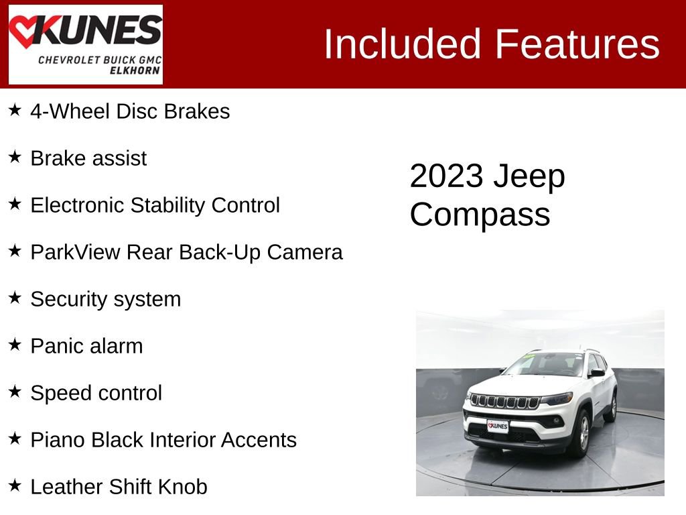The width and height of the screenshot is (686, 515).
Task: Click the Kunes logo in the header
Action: pyautogui.click(x=85, y=44)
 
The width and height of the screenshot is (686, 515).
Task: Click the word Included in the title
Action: pyautogui.click(x=403, y=44)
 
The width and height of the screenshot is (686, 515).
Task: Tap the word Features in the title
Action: pyautogui.click(x=577, y=44)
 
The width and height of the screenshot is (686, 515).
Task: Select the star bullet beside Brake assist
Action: pyautogui.click(x=15, y=158)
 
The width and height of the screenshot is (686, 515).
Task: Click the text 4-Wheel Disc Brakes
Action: pyautogui.click(x=130, y=111)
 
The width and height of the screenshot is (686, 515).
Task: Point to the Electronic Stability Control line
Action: pyautogui.click(x=155, y=205)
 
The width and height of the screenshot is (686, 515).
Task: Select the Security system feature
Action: pyautogui.click(x=105, y=299)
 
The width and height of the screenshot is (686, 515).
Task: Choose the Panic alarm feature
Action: pyautogui.click(x=86, y=346)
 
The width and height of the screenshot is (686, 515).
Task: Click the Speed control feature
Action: pyautogui.click(x=96, y=393)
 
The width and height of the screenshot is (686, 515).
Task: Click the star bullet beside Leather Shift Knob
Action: pyautogui.click(x=15, y=485)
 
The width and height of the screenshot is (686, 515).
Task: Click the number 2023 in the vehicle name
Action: pyautogui.click(x=446, y=176)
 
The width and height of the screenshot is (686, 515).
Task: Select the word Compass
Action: pyautogui.click(x=480, y=215)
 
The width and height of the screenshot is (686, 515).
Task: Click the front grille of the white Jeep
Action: pyautogui.click(x=505, y=403)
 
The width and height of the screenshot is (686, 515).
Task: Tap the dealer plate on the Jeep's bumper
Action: pyautogui.click(x=497, y=426)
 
